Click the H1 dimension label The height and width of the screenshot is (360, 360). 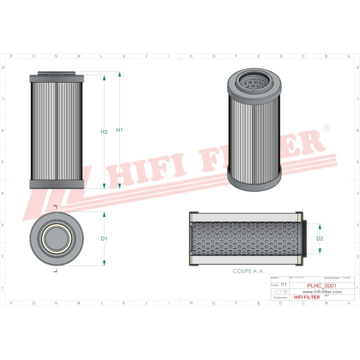[119, 130]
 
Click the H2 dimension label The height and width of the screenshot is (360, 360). [104, 132]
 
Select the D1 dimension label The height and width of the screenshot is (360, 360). [104, 238]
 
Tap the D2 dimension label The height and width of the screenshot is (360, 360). [320, 238]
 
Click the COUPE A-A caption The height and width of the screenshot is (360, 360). [247, 271]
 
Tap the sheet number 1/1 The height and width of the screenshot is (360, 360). [284, 284]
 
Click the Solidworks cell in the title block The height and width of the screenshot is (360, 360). [277, 297]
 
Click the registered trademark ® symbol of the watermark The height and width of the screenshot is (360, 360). [327, 128]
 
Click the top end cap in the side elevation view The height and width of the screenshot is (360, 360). [56, 78]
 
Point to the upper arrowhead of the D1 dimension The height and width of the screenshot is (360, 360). [104, 214]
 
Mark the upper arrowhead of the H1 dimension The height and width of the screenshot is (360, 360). [119, 74]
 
